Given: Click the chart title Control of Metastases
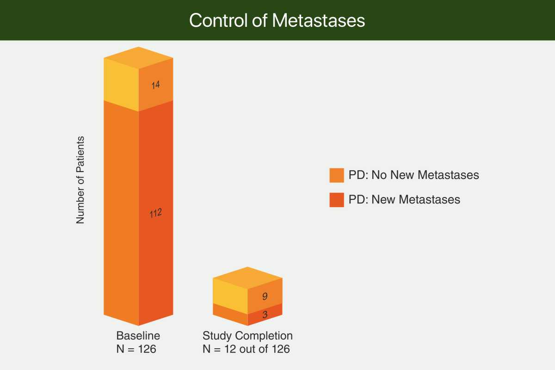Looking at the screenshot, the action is click(x=277, y=20).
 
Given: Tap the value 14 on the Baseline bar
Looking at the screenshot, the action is click(x=155, y=85).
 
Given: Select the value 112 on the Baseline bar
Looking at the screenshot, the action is click(x=155, y=213).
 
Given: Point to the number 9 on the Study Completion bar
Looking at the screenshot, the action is click(x=265, y=296).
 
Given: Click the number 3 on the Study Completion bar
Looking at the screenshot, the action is click(x=265, y=314).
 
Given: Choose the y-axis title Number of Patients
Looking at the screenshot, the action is click(x=80, y=180).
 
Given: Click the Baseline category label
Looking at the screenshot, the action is click(x=138, y=336).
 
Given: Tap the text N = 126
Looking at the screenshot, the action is click(x=136, y=349).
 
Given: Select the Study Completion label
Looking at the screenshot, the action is click(x=247, y=336).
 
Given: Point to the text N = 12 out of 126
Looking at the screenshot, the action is click(x=246, y=349).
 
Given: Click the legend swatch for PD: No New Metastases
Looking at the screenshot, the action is click(x=337, y=175).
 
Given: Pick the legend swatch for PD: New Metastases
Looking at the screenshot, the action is click(x=337, y=200).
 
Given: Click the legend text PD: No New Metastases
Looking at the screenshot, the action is click(x=414, y=175).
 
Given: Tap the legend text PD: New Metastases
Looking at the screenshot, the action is click(x=404, y=199).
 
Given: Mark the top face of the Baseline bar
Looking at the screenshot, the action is click(x=138, y=58).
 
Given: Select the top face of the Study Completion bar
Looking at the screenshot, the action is click(x=247, y=278).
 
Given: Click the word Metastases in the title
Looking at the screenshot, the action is click(x=319, y=20).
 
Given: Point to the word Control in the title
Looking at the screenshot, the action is click(x=218, y=20).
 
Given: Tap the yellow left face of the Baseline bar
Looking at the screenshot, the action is click(x=121, y=85).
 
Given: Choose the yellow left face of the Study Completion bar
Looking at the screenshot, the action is click(x=230, y=296).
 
